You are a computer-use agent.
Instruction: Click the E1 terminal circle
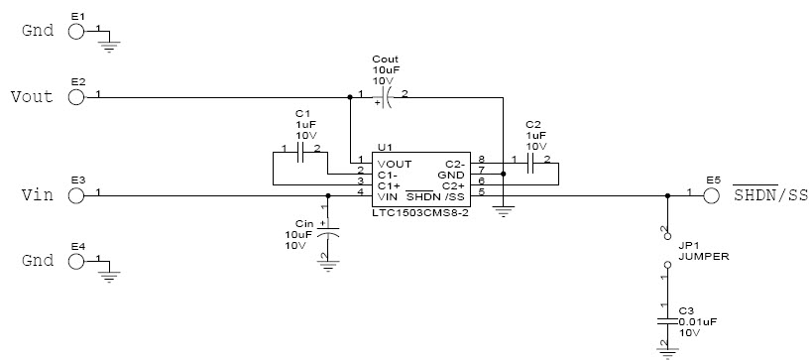coord(77,31)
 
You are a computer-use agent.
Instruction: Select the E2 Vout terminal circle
coord(77,97)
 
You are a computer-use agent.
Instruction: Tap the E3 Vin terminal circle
coord(77,195)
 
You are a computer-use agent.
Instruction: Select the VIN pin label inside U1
coord(388,193)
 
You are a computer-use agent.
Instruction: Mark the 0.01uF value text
coord(697,321)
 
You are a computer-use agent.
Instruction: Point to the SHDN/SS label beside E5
coord(770,195)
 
